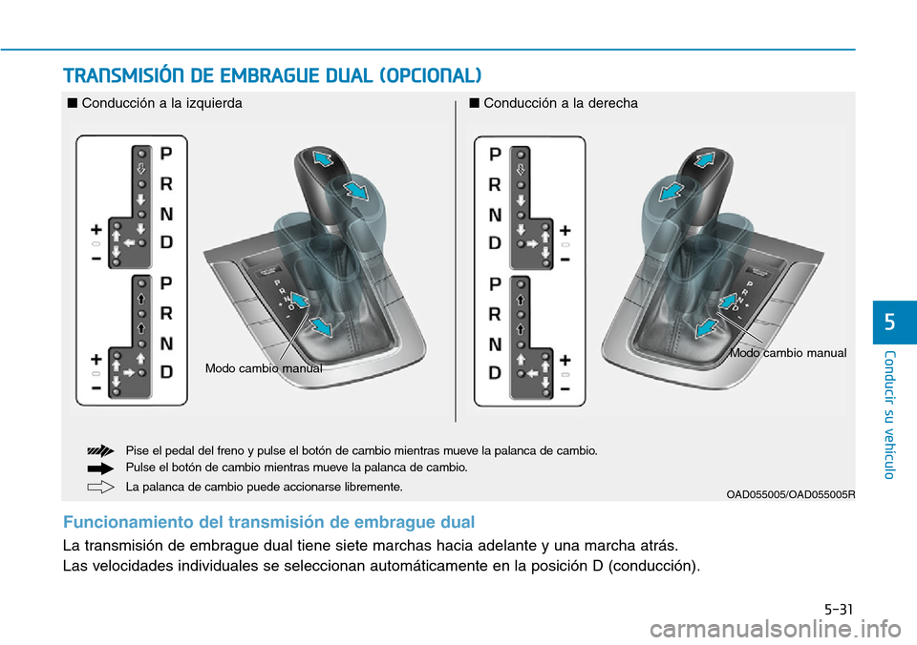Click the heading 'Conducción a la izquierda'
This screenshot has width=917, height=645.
click(x=161, y=103)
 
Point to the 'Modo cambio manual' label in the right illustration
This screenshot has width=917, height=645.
click(x=788, y=353)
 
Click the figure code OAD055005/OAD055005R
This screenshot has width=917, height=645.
click(x=790, y=493)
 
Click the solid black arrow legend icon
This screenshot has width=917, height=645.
click(x=100, y=468)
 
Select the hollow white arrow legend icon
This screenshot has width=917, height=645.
click(x=100, y=487)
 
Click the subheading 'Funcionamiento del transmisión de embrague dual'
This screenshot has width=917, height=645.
click(x=268, y=522)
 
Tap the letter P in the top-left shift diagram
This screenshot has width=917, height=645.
click(x=166, y=153)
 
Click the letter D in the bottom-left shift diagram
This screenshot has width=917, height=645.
click(x=166, y=373)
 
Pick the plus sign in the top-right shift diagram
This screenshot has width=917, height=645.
click(x=565, y=230)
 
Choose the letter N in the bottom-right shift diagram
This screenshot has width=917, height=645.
click(x=495, y=343)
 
